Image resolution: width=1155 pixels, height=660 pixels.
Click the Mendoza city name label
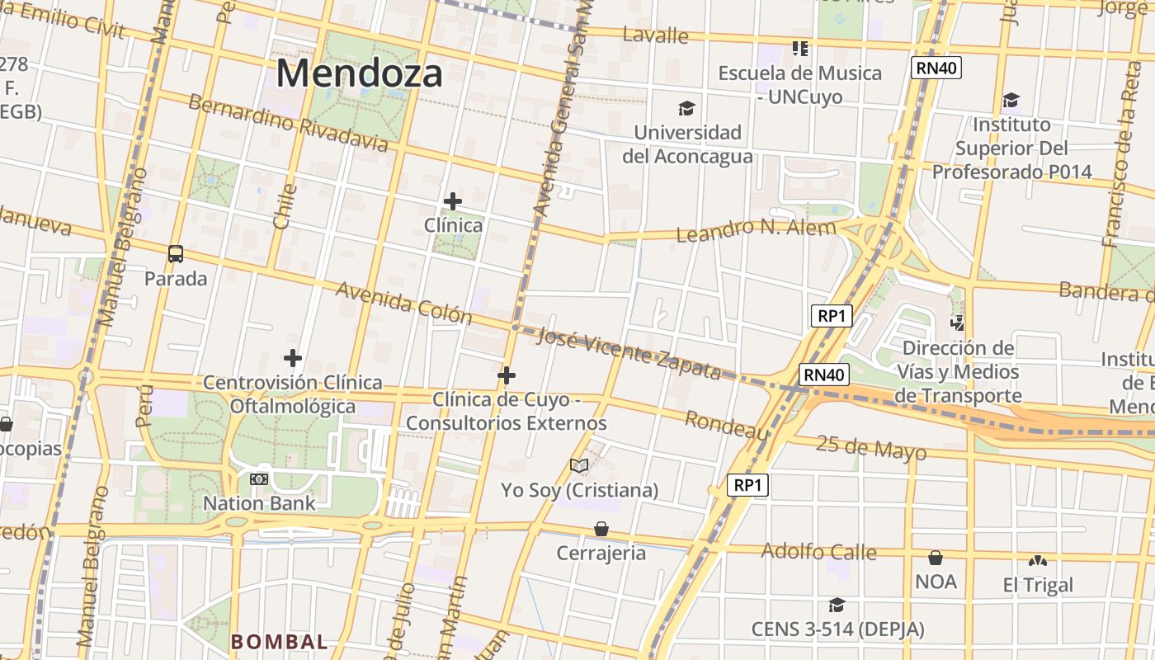[359, 73]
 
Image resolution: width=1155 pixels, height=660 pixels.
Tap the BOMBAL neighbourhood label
[279, 641]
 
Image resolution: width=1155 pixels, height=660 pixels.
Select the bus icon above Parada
[176, 254]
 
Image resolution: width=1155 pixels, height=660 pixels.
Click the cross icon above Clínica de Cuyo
[507, 376]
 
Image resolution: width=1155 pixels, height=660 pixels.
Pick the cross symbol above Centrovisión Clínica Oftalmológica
[292, 358]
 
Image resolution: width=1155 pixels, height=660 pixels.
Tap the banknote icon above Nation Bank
[259, 479]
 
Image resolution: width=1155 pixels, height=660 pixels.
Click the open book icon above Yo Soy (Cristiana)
[579, 466]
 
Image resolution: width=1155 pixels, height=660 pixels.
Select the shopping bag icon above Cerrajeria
[601, 529]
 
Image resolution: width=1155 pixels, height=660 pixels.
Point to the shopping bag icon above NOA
[936, 558]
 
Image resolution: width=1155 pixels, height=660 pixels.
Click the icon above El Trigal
[1038, 561]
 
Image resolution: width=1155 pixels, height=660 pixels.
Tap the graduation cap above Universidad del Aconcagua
[686, 108]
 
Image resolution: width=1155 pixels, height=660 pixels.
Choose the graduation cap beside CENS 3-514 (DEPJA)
[837, 605]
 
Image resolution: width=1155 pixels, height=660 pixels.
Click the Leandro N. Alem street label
[756, 229]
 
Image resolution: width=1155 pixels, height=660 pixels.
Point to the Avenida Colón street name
[403, 303]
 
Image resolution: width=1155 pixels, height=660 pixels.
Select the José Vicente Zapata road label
[629, 353]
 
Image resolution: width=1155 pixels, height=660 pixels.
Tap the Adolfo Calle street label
[818, 550]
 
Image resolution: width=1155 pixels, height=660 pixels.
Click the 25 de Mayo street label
[871, 448]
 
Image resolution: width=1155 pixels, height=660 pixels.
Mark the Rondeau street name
[727, 425]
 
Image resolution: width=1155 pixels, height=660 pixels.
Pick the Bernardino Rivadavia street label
[288, 123]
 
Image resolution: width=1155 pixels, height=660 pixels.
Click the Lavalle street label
[655, 35]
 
